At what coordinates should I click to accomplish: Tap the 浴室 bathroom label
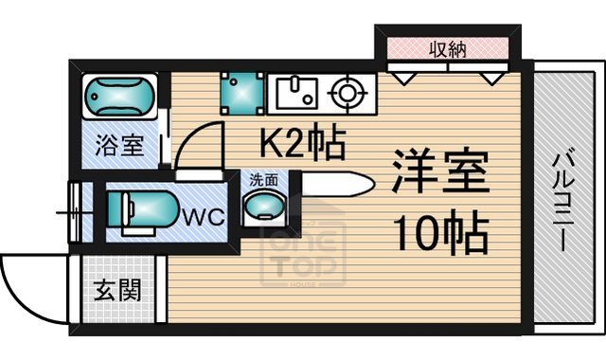coord(120,147)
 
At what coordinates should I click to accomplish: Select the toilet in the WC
coord(139,210)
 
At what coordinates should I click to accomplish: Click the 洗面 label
coord(263,179)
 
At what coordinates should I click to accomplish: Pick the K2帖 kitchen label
coord(302,143)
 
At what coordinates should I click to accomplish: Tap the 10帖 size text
coord(441,232)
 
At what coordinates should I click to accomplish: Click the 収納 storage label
coord(448,49)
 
